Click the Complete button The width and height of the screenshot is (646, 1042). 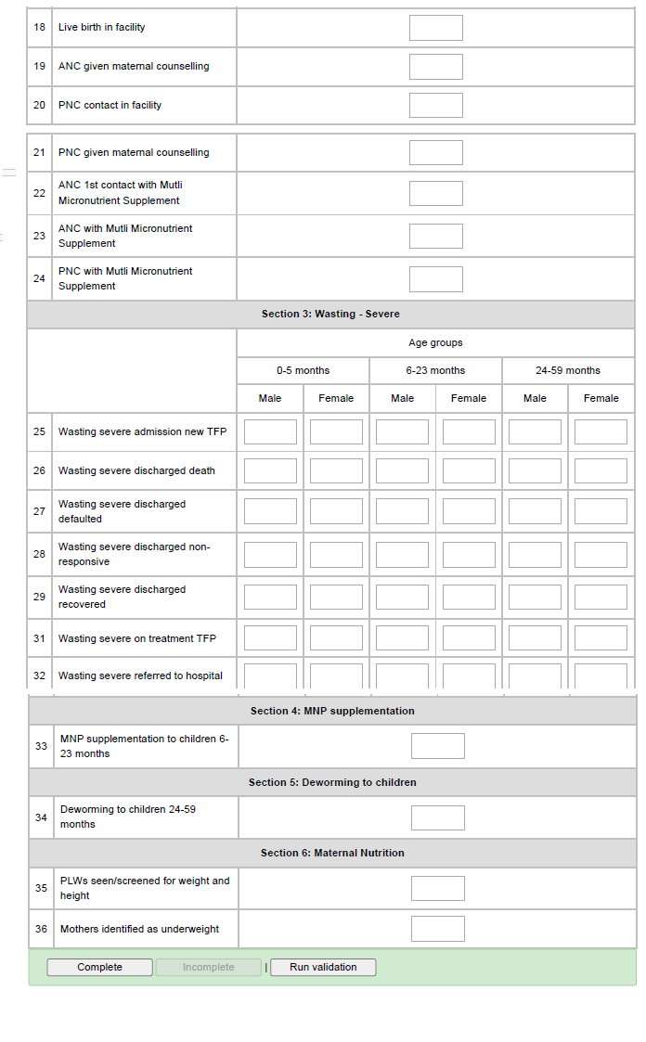pyautogui.click(x=99, y=967)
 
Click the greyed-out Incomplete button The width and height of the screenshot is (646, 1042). pyautogui.click(x=208, y=967)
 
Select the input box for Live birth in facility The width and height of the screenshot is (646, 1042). pyautogui.click(x=435, y=28)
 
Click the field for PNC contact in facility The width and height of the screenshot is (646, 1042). pyautogui.click(x=435, y=106)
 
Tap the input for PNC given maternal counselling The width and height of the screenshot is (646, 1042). pyautogui.click(x=435, y=153)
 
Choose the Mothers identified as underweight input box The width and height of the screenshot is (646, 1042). pyautogui.click(x=437, y=929)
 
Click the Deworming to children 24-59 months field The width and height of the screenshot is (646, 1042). pyautogui.click(x=437, y=817)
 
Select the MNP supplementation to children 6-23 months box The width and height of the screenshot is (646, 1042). pyautogui.click(x=437, y=746)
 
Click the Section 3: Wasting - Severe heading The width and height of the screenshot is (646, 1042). pyautogui.click(x=330, y=315)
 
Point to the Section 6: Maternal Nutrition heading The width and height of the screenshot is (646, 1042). pyautogui.click(x=332, y=853)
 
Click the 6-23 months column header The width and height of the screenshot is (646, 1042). pyautogui.click(x=435, y=370)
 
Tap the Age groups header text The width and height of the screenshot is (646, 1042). pyautogui.click(x=435, y=343)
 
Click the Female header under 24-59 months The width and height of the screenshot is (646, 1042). pyautogui.click(x=601, y=398)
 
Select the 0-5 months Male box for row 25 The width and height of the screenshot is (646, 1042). pyautogui.click(x=270, y=432)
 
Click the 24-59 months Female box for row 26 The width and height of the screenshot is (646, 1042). pyautogui.click(x=601, y=471)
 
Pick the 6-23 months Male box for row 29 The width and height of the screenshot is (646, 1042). pyautogui.click(x=402, y=598)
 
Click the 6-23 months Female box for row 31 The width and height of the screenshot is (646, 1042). pyautogui.click(x=469, y=638)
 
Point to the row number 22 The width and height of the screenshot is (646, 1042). pyautogui.click(x=39, y=193)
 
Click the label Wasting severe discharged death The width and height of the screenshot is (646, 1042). pyautogui.click(x=136, y=471)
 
